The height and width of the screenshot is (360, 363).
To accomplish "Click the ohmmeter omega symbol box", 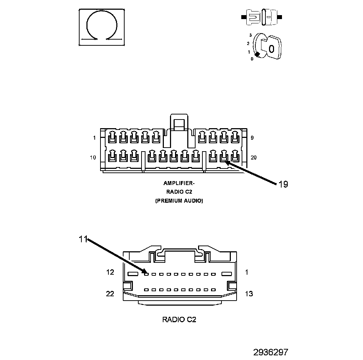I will pos(102,27).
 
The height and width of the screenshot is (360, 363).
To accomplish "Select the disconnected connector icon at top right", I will pos(262,17).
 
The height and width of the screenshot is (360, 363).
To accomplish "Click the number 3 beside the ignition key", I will pos(250,35).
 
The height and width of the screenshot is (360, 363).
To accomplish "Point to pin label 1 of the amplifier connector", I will pos(94,138).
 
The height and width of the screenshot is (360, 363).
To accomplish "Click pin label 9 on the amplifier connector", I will pos(252,138).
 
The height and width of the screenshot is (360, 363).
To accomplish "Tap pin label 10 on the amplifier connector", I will pos(93,158).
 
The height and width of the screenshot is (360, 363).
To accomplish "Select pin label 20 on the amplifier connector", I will pos(254,158).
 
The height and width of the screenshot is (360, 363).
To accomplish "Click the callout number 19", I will pos(283,184).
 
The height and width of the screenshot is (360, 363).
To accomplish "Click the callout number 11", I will pos(83,239).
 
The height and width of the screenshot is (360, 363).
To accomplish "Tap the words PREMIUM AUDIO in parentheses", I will pos(179,201).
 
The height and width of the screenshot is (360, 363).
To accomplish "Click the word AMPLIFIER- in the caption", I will pos(179,183).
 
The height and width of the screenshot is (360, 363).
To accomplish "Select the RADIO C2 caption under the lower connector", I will pos(179,319).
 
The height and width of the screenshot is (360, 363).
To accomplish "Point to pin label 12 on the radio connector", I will pos(110,273).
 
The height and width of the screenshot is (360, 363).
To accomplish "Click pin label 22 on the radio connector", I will pos(110,294).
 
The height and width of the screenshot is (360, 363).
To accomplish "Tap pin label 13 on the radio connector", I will pos(248,294).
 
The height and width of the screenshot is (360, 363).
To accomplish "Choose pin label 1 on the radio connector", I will pos(246,273).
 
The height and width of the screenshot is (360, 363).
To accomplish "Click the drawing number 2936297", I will pos(270,352).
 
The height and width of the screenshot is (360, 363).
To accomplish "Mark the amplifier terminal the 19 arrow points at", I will pos(224,157).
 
